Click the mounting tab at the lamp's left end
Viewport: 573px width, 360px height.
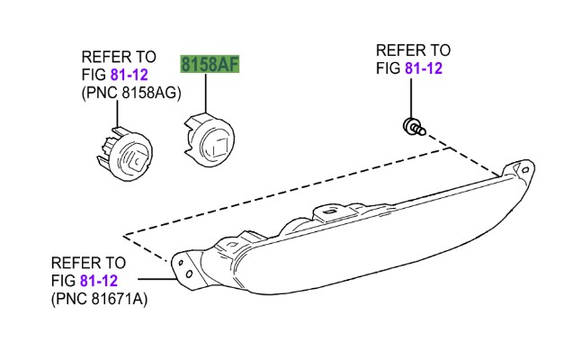point(185,267)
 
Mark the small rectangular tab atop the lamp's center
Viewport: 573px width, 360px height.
point(329,212)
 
